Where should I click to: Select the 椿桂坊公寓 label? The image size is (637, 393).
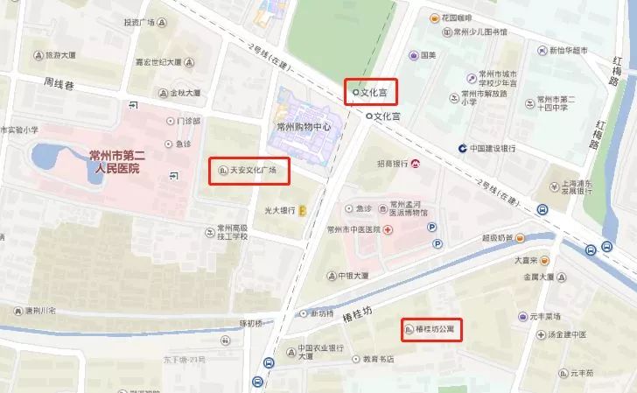(437, 331)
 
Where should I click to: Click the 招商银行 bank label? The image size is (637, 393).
(393, 164)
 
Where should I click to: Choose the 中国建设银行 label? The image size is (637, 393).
(492, 148)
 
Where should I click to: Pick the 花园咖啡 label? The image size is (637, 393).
(457, 18)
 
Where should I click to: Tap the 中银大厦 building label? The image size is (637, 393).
(353, 275)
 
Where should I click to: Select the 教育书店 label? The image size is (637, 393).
(377, 358)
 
